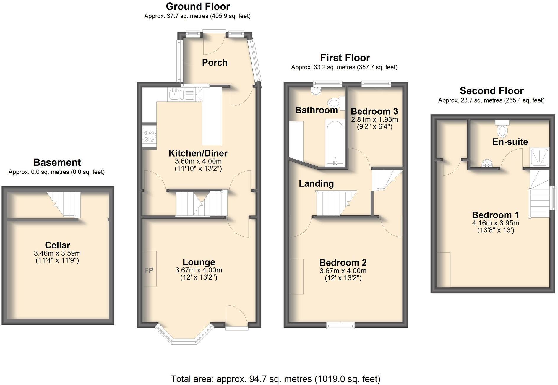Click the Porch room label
[215, 63]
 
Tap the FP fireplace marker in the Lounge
[149, 270]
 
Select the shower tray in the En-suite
[539, 157]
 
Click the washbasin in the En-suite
[486, 163]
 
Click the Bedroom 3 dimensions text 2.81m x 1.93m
[374, 120]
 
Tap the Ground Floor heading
[198, 6]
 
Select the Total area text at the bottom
[275, 378]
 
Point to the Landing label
[316, 183]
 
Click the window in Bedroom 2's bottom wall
[340, 325]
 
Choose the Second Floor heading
[492, 90]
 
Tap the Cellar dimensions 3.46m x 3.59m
[57, 253]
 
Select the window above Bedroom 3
[376, 84]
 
